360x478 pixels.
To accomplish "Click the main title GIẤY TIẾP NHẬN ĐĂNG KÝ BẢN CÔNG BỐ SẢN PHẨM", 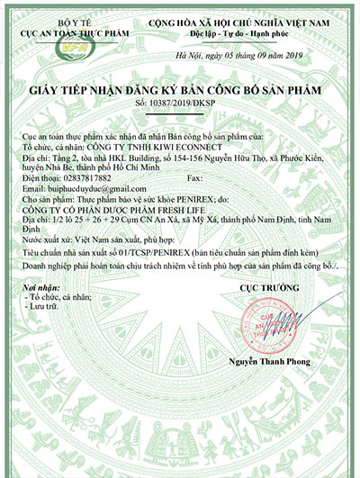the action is (180, 92).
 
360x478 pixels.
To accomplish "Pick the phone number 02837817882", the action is (80, 178).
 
